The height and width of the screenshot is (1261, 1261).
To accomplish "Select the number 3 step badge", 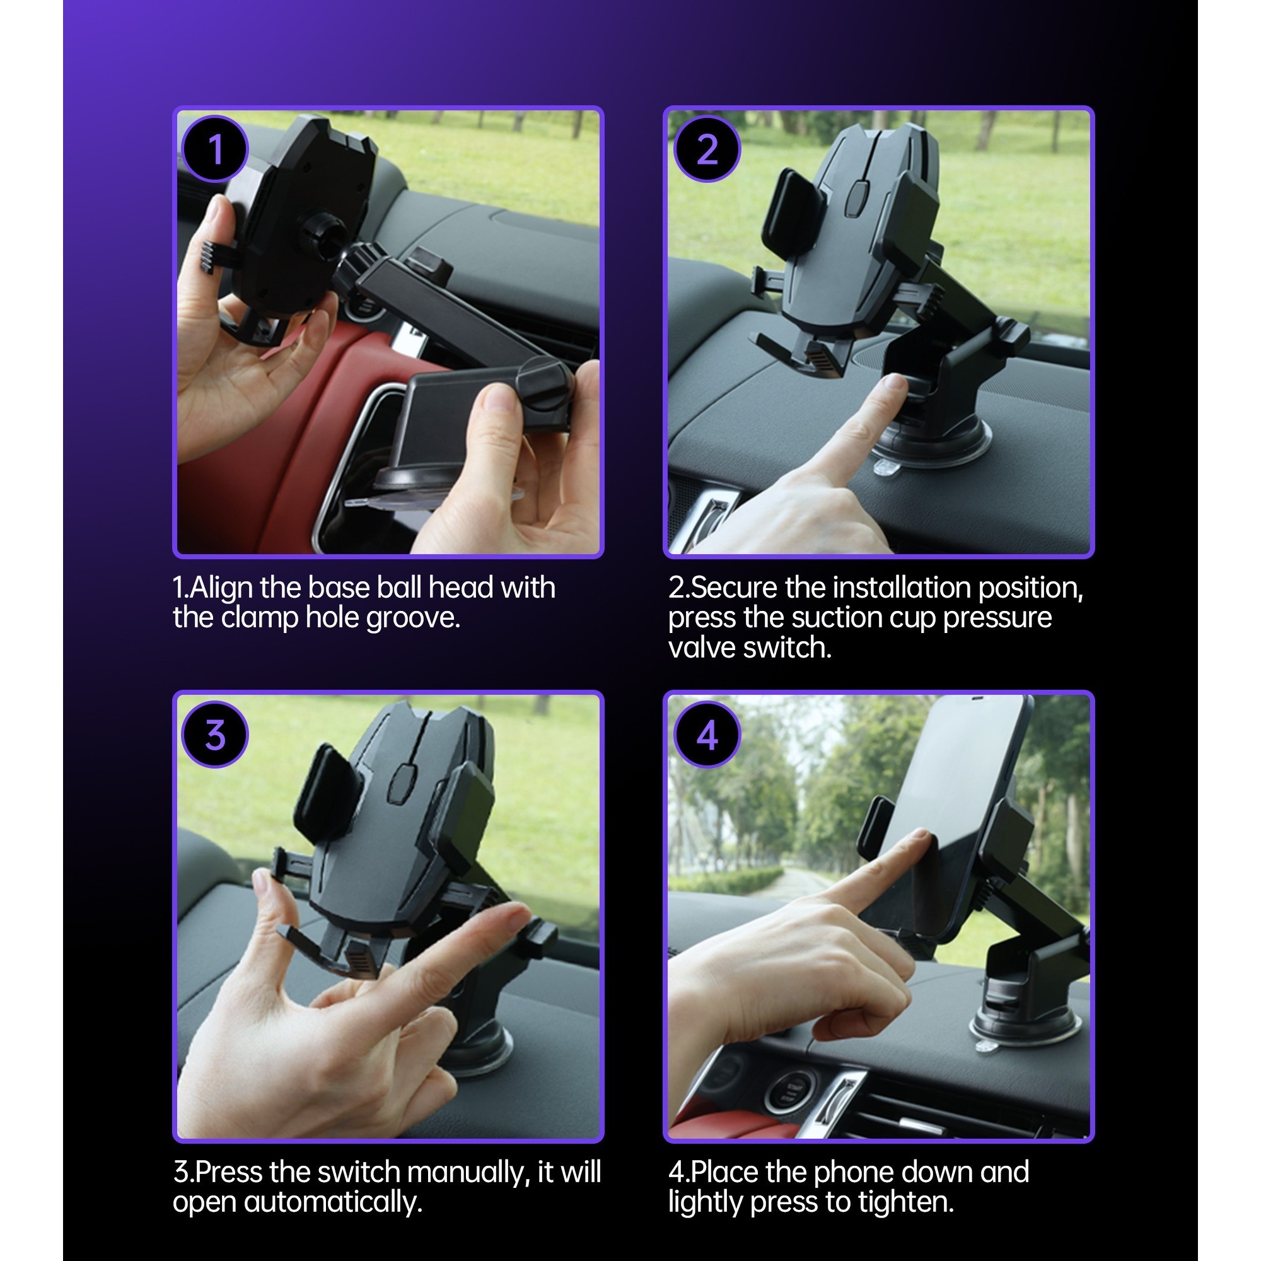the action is (x=215, y=735).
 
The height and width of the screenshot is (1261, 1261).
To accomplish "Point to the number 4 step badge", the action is (x=707, y=735).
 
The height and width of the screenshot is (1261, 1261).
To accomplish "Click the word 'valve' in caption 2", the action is (x=702, y=648).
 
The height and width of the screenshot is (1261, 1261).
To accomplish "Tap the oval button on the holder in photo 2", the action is (x=856, y=198).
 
